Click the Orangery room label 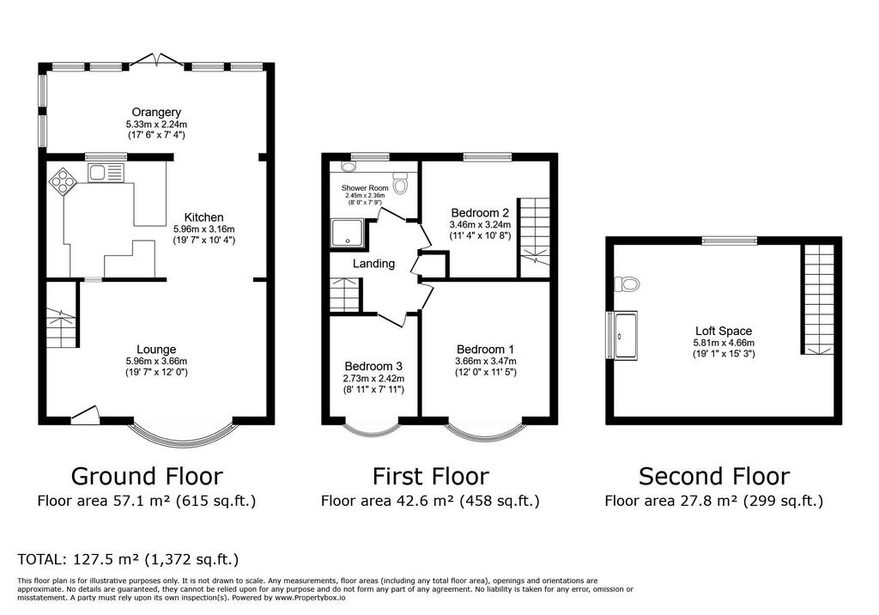coord(156,113)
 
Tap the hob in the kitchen coord(63,181)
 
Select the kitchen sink coord(106,173)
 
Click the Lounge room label coord(156,350)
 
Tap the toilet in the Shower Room coord(400,182)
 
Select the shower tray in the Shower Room coord(347,234)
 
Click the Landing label coord(373,264)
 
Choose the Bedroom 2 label coord(480,213)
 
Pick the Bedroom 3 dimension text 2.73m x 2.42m coord(373,379)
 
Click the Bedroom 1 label coord(486,350)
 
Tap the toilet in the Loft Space coord(626,284)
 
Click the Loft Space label coord(724,331)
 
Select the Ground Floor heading coord(147,477)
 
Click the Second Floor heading coord(714,477)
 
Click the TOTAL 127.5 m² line coord(128,559)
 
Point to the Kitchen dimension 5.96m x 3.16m coord(204,229)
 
